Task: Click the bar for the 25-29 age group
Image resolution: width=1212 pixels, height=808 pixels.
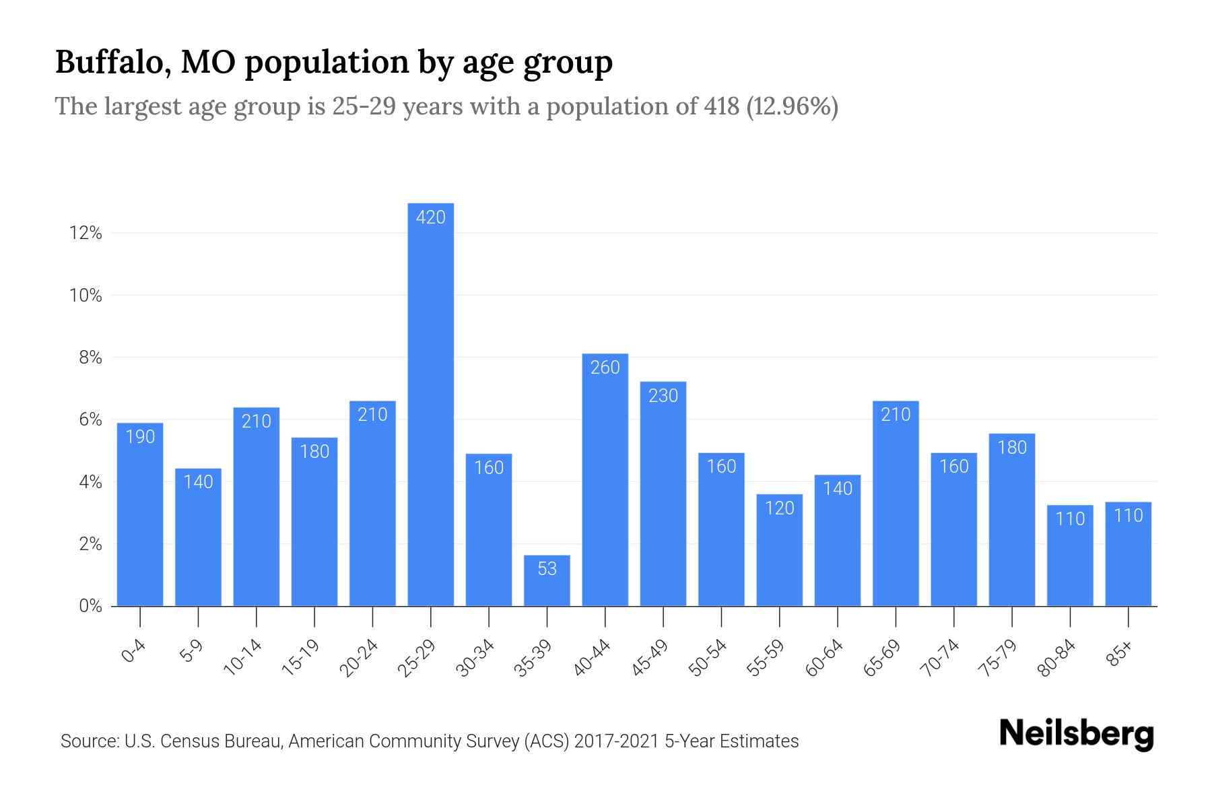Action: (431, 404)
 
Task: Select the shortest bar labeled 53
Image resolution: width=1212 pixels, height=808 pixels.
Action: (547, 580)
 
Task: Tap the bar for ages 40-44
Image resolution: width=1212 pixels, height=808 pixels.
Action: (605, 479)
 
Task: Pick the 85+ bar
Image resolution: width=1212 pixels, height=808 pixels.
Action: (1128, 553)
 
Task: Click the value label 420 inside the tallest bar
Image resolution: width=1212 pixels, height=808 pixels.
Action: (431, 217)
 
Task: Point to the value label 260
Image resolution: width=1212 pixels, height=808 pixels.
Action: (605, 368)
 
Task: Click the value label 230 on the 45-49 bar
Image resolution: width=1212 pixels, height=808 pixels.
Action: (663, 396)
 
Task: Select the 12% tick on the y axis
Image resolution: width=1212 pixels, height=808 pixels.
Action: (86, 234)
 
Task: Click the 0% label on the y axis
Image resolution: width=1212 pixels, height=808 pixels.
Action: (90, 606)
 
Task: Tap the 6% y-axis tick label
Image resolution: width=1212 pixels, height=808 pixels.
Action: (90, 420)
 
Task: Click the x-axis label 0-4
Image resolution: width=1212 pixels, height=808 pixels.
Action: (134, 651)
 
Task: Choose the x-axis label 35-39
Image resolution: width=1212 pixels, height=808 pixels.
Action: (533, 658)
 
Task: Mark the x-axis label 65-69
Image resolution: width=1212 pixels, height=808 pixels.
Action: (881, 658)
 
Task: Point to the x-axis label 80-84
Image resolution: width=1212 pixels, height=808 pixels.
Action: (1056, 658)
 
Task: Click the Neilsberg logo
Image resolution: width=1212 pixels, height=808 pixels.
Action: (1076, 734)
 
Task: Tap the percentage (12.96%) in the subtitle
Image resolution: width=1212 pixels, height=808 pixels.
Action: (793, 106)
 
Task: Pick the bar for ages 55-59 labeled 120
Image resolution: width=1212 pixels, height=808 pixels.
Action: (779, 550)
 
